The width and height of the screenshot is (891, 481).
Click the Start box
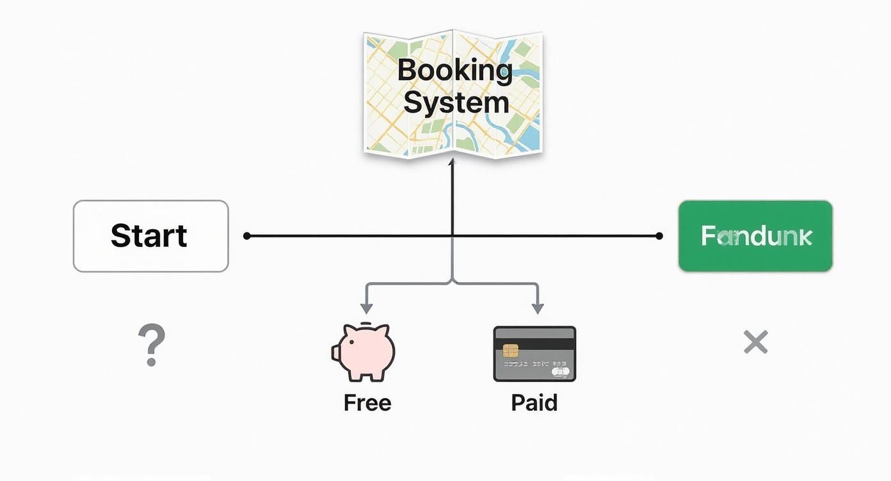pos(150,236)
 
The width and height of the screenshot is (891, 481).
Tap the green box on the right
pos(755,236)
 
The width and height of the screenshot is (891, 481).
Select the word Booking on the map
pos(454,70)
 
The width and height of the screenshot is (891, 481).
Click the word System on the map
pos(456,102)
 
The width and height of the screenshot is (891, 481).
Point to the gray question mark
pos(152,345)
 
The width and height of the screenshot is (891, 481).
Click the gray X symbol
pos(755,343)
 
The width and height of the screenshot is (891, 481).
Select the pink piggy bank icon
pos(364,352)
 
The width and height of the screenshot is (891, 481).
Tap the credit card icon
pos(534,354)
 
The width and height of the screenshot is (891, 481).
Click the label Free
pos(367,403)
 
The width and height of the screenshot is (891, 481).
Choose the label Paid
pos(534,403)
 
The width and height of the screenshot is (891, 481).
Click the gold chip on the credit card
pos(510,351)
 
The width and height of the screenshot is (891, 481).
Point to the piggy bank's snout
pos(335,353)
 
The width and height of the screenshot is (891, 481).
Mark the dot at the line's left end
pos(247,236)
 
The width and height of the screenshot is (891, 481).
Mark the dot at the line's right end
pos(659,236)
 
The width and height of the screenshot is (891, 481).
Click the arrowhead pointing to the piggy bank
pos(365,308)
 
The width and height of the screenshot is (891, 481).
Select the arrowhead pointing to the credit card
pos(538,308)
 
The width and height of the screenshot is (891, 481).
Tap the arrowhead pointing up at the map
pos(452,163)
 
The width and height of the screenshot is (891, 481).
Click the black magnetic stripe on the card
pos(534,343)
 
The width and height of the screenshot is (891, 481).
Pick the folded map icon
pos(453,93)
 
